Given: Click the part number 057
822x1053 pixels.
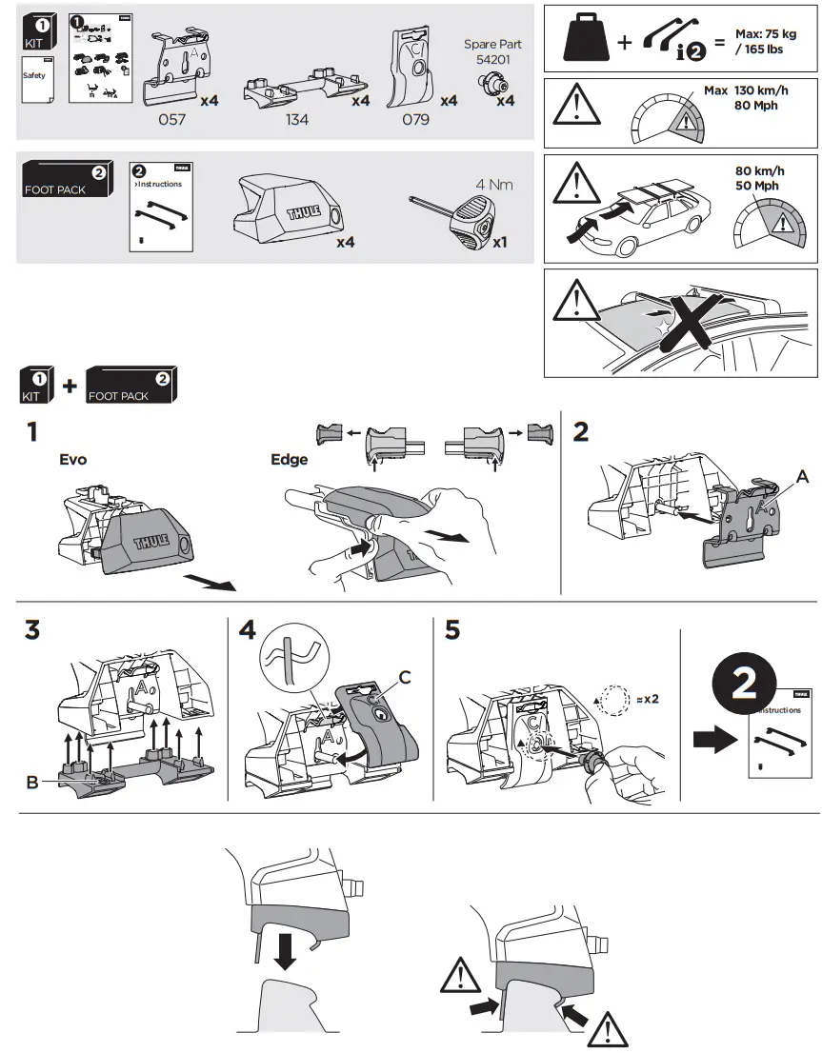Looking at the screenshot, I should [x=172, y=120].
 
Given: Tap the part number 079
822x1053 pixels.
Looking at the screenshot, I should [x=415, y=120].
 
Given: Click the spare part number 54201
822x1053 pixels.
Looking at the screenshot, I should [x=492, y=59].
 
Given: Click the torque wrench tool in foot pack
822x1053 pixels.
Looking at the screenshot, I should [x=456, y=218].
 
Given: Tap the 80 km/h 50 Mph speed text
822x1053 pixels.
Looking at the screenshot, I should [x=762, y=178].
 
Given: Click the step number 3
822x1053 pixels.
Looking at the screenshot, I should [x=32, y=630].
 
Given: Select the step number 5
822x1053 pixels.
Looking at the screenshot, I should [x=452, y=630].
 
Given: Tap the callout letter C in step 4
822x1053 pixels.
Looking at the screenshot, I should [x=405, y=677].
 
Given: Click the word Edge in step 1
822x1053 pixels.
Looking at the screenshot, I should [x=290, y=460].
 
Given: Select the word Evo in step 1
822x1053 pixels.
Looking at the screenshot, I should [x=72, y=460].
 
